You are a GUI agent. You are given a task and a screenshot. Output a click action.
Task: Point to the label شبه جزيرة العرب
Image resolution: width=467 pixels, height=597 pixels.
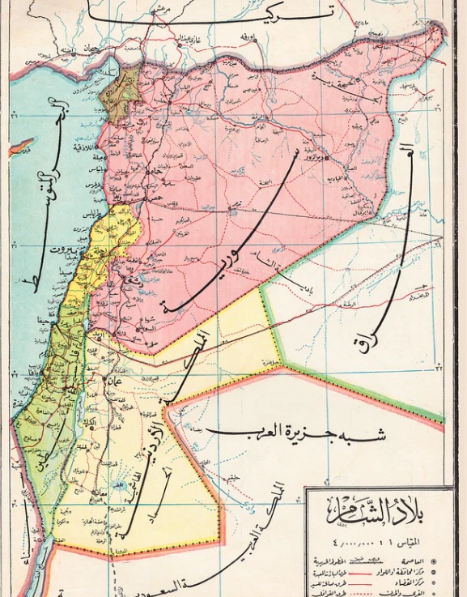click(295, 435)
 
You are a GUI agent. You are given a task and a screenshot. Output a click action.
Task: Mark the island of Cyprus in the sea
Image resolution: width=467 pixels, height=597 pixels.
click(20, 147)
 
